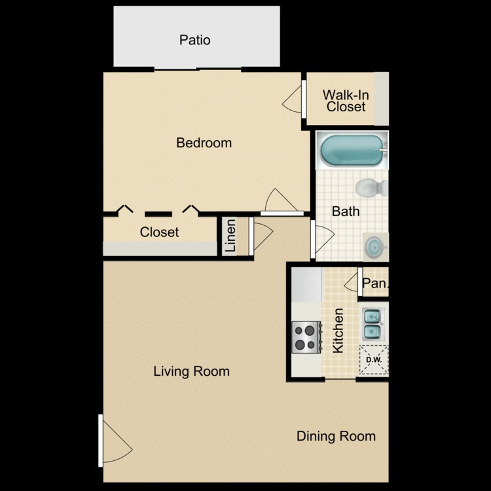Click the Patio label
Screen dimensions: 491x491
(x=195, y=40)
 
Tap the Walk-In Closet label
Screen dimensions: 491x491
(x=346, y=100)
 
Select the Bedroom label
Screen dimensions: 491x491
(x=204, y=143)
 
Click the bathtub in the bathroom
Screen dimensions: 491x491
(x=351, y=150)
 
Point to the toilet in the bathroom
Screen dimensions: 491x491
(x=371, y=188)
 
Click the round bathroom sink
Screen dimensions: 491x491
(x=375, y=247)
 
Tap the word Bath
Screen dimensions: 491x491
(x=345, y=211)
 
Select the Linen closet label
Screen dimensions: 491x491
(x=231, y=236)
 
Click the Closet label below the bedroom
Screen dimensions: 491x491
(x=159, y=232)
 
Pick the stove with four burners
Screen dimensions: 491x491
(x=305, y=337)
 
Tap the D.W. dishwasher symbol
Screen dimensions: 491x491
(x=374, y=359)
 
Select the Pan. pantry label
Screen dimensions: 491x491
(x=375, y=284)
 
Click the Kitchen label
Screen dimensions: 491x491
(x=338, y=331)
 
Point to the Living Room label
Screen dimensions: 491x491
(x=191, y=372)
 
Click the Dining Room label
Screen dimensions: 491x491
(x=336, y=436)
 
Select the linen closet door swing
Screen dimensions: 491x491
(x=261, y=236)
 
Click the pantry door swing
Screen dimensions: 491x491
(x=352, y=283)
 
